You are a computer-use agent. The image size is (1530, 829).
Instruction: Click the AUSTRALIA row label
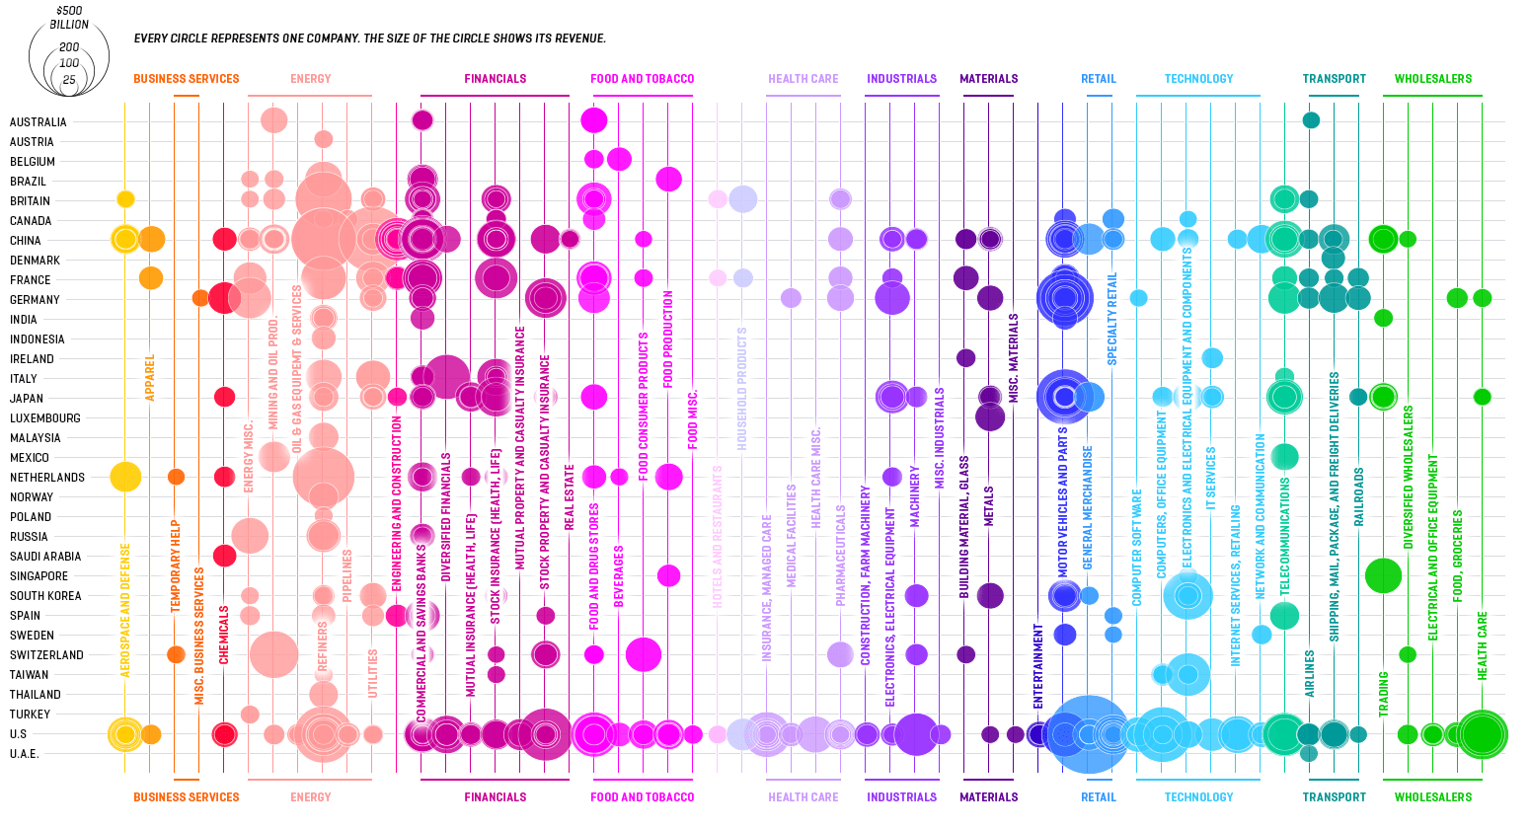38,122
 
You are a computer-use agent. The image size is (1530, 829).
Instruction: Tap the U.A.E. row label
24,754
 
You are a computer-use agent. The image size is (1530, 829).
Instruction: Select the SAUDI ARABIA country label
45,557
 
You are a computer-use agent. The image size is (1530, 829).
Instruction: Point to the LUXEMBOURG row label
45,418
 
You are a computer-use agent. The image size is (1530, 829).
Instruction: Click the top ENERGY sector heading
310,79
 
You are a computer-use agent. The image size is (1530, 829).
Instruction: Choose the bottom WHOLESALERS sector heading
1432,797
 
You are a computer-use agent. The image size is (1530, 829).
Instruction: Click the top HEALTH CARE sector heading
803,79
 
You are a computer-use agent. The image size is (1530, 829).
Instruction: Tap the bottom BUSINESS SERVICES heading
186,797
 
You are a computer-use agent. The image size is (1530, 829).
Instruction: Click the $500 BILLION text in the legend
69,18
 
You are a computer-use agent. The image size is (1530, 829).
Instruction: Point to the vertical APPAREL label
150,377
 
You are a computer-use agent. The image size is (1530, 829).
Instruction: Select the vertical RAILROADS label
1358,496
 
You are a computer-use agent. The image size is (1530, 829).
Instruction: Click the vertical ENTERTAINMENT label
1037,666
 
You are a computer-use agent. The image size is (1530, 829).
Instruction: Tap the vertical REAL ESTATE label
570,497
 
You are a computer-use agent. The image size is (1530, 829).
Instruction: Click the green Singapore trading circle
1383,575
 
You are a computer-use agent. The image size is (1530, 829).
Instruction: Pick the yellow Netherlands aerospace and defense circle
125,477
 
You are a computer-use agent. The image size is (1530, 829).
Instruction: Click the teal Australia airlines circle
1311,120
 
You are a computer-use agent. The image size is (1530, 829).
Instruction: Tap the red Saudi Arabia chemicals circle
224,556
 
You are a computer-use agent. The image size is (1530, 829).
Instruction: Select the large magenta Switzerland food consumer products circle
644,654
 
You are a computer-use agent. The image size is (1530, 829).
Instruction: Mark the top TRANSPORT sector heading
1334,79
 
